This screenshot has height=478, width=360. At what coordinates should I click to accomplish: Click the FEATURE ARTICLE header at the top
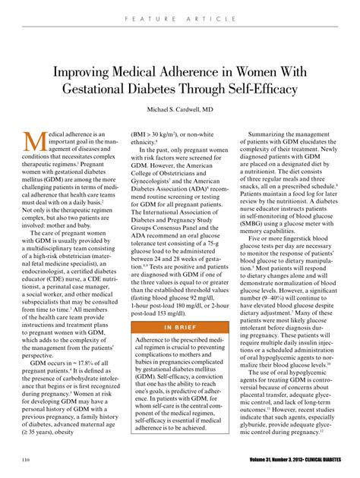tap(179, 14)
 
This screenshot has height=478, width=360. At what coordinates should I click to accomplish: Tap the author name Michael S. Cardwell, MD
tap(179, 110)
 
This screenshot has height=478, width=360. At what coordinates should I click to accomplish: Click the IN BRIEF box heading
tap(179, 306)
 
